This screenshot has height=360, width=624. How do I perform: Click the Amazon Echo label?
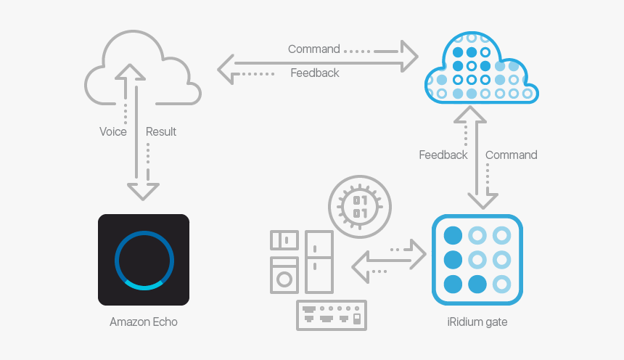[x=144, y=322]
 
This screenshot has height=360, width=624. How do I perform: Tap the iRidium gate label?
[x=477, y=322]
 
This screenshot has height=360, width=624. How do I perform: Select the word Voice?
[x=113, y=131]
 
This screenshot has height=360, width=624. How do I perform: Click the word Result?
[x=161, y=131]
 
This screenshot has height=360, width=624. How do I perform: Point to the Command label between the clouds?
[x=313, y=49]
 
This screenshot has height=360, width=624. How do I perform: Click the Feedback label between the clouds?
[x=315, y=73]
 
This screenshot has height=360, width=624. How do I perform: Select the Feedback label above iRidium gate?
[x=443, y=155]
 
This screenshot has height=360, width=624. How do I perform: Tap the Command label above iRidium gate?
[x=512, y=155]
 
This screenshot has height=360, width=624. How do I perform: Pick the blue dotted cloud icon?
[x=480, y=67]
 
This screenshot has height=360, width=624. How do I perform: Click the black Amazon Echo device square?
[x=144, y=259]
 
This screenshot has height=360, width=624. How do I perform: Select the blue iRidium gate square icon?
[x=477, y=259]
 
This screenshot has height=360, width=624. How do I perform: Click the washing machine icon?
[x=284, y=275]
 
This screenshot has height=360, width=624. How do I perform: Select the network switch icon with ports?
[x=332, y=316]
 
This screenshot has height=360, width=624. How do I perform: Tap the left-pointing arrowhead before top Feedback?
[x=227, y=70]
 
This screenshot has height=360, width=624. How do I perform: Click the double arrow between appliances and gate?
[x=389, y=260]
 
